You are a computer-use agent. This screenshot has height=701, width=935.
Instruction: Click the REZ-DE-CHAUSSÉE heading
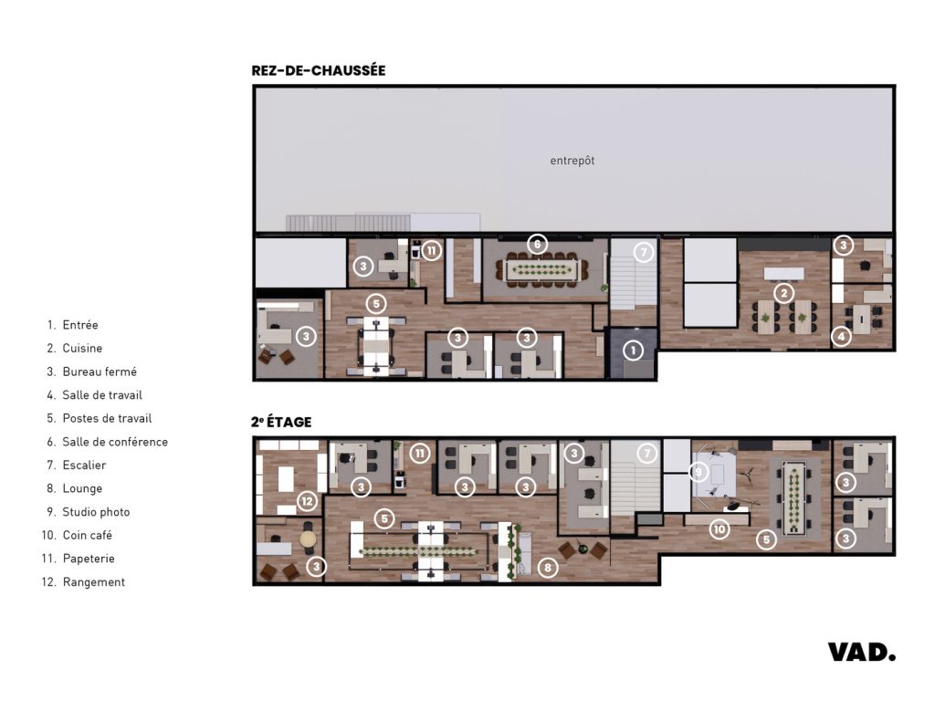pyautogui.click(x=319, y=70)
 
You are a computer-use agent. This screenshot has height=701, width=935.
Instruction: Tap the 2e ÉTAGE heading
pyautogui.click(x=281, y=422)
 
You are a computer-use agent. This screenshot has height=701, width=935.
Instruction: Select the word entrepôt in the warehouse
pyautogui.click(x=572, y=161)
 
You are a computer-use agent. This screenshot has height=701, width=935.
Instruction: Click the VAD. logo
pyautogui.click(x=862, y=652)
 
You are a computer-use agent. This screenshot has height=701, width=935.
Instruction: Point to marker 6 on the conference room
pyautogui.click(x=537, y=244)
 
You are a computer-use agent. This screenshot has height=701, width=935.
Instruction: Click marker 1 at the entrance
pyautogui.click(x=634, y=350)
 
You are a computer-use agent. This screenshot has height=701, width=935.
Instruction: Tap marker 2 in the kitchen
pyautogui.click(x=783, y=293)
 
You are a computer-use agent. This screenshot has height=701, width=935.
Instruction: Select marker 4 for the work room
pyautogui.click(x=841, y=337)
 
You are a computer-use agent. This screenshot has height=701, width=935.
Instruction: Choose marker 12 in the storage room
pyautogui.click(x=307, y=501)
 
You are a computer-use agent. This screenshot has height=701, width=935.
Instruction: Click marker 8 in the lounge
pyautogui.click(x=548, y=568)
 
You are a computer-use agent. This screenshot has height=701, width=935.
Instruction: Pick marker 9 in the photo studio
pyautogui.click(x=699, y=473)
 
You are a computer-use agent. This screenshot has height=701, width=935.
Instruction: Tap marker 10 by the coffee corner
pyautogui.click(x=720, y=529)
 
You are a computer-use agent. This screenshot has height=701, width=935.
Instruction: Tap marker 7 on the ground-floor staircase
pyautogui.click(x=643, y=252)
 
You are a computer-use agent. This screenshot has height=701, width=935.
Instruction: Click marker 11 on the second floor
pyautogui.click(x=420, y=454)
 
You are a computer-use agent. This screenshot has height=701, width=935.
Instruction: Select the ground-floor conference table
pyautogui.click(x=541, y=270)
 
